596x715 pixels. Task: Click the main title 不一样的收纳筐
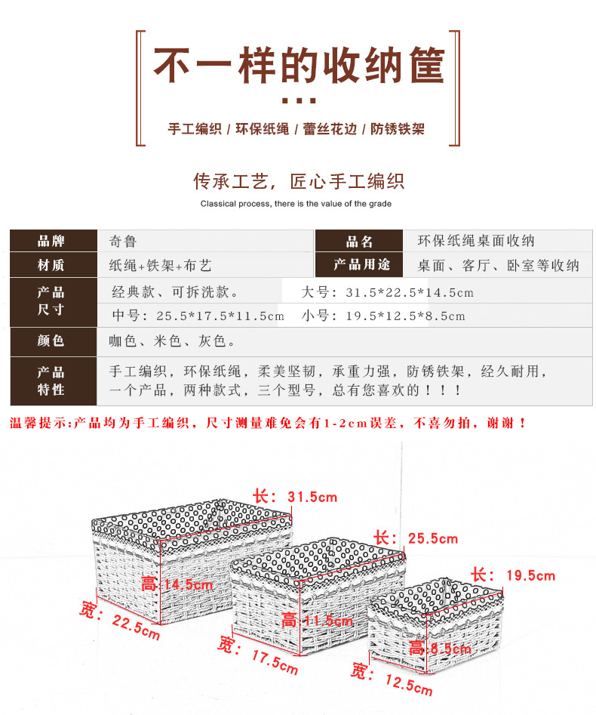point(299,66)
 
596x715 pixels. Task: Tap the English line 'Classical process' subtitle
point(296,204)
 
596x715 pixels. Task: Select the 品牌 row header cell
point(51,242)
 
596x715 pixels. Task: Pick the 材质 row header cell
point(51,265)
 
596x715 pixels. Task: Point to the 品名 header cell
point(360,242)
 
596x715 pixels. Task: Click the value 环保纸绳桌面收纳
point(476,242)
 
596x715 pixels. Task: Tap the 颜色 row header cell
point(51,341)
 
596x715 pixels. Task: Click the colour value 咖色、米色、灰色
point(172,341)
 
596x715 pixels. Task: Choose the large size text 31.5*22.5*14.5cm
point(388,292)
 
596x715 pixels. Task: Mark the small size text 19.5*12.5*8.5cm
point(382,316)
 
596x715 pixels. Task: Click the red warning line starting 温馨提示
point(268,424)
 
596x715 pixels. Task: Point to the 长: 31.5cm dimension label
point(295,497)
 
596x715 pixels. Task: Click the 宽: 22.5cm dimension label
point(121,620)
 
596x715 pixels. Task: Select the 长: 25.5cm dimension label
point(416,538)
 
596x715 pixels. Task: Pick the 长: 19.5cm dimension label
point(513,575)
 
